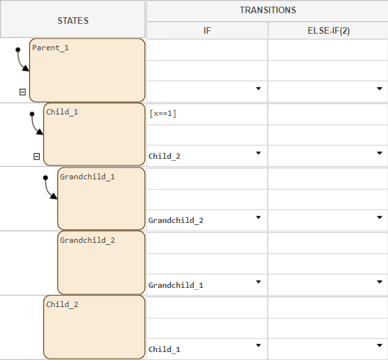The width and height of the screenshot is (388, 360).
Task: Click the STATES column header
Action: [x=73, y=21]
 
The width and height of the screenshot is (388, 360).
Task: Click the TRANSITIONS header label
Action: [x=267, y=11]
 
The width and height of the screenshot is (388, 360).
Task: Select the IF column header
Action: [x=207, y=30]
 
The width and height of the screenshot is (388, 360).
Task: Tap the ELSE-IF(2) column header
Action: [x=327, y=30]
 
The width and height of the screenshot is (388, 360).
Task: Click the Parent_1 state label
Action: [x=50, y=48]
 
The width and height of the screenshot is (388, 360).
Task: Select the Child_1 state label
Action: [x=62, y=112]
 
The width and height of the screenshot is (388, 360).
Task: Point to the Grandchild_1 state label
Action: [x=87, y=177]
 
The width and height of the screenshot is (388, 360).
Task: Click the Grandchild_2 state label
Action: [x=87, y=240]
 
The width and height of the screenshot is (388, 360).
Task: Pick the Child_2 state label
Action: [x=62, y=304]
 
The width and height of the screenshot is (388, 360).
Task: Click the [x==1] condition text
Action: [x=163, y=114]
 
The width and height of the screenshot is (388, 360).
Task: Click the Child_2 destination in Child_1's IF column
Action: [x=165, y=156]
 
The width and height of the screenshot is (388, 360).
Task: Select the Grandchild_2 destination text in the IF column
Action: [x=176, y=220]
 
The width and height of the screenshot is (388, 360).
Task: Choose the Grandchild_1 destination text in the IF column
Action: [x=176, y=285]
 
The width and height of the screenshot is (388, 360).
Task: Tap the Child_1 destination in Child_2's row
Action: [x=165, y=349]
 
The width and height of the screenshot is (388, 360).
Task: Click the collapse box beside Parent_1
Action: [x=22, y=92]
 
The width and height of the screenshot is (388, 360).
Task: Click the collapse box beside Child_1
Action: [x=36, y=157]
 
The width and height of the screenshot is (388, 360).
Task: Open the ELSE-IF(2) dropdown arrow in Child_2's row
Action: [x=379, y=345]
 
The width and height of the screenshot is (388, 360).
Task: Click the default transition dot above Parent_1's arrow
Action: [x=18, y=50]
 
